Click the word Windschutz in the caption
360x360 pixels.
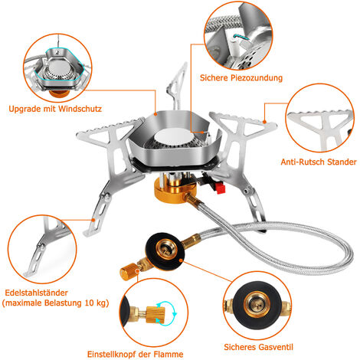coord(80,109)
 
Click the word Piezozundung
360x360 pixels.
coord(257,77)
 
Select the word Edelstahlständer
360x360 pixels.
coord(36,293)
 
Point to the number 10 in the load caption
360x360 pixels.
coord(89,303)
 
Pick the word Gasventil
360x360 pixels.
coord(276,347)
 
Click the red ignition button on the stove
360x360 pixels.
coord(221,188)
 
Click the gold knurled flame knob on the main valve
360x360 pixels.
coord(129,272)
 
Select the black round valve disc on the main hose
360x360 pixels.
coord(165,251)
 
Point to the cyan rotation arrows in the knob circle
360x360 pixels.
coord(166,313)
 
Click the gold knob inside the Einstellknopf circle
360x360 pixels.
coord(155,315)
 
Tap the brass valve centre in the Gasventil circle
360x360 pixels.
coord(257,303)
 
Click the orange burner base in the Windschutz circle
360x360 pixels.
coord(60,93)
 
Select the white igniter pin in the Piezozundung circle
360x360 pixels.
coord(234,46)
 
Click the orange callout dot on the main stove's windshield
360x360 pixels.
coord(155,114)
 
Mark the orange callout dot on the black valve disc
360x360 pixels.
coord(181,260)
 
